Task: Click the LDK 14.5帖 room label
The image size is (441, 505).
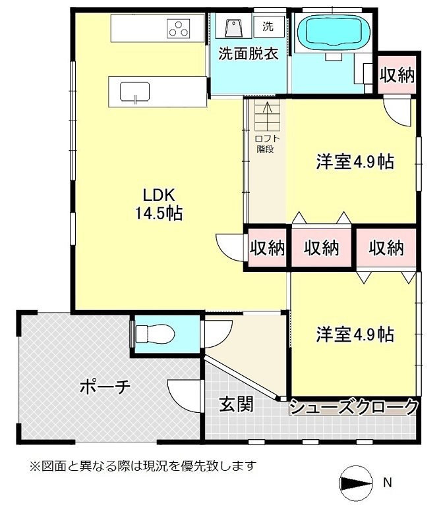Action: click(158, 203)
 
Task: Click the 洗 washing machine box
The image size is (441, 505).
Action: click(268, 27)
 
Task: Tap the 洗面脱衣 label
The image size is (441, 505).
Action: click(249, 53)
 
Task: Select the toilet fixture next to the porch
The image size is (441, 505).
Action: click(154, 334)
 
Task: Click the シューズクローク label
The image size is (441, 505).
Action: click(354, 408)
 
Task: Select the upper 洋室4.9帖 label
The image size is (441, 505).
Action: click(355, 161)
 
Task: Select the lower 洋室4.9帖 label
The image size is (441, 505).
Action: click(355, 334)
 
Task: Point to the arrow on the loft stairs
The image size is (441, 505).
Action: click(267, 115)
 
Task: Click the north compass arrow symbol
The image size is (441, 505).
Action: click(356, 483)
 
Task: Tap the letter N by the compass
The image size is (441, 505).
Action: click(388, 483)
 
